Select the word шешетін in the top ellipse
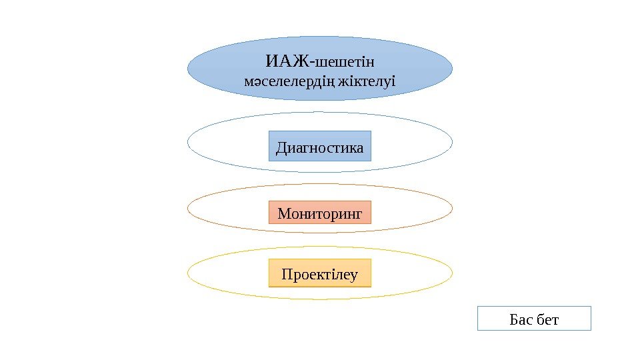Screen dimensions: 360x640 tap(345, 63)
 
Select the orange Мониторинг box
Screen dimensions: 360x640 tap(320, 213)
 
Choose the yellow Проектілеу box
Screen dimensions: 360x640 tap(320, 273)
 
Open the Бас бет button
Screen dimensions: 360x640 tap(535, 319)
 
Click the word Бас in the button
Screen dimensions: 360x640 tap(521, 319)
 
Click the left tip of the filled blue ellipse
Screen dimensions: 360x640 tap(189, 68)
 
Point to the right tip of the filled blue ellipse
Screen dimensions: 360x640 tap(452, 68)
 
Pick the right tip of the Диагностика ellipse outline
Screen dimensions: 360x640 tap(452, 141)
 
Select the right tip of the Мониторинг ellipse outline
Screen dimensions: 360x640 tap(452, 208)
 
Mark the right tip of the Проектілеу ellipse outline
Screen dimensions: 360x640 tap(452, 272)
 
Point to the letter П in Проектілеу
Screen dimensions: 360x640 tap(287, 274)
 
